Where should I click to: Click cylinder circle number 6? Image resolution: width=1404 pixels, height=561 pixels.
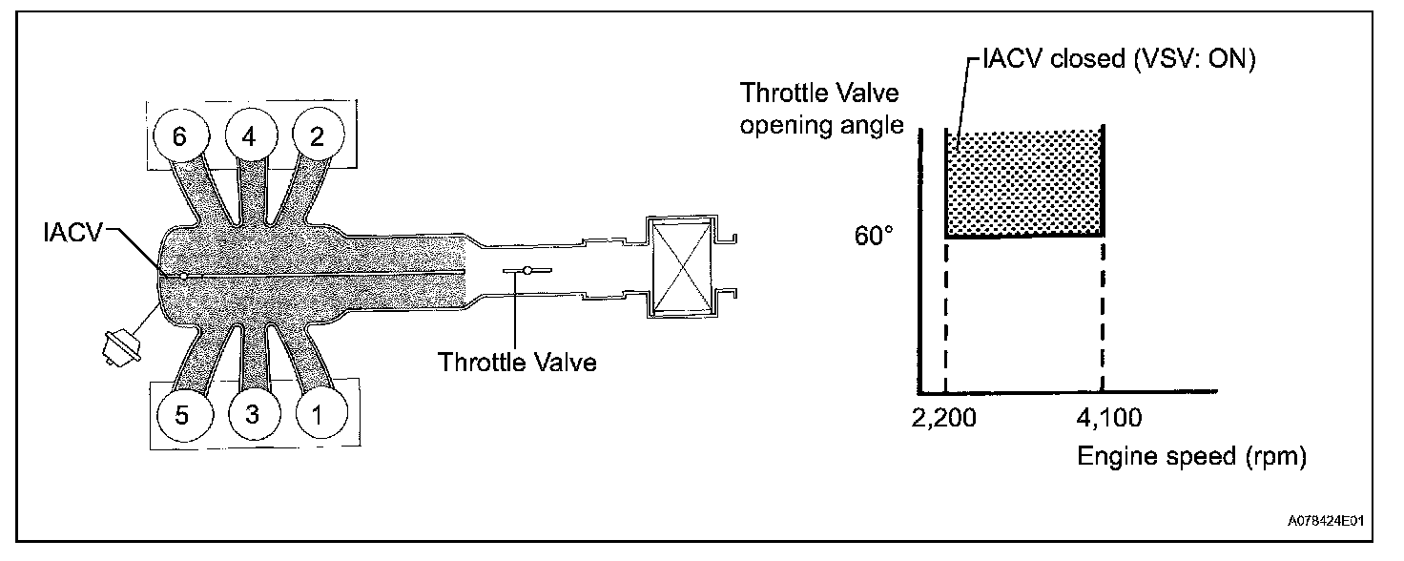click(x=179, y=137)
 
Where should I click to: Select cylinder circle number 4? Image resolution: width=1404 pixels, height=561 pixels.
click(x=249, y=137)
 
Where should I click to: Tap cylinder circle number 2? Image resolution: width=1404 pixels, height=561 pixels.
click(x=316, y=137)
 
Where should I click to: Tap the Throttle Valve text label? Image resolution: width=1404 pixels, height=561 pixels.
click(x=517, y=363)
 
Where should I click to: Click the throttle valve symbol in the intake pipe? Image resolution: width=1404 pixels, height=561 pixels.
click(x=525, y=272)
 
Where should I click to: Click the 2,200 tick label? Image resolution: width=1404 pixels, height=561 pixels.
click(x=944, y=417)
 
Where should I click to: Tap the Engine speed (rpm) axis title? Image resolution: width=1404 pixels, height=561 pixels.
click(x=1190, y=456)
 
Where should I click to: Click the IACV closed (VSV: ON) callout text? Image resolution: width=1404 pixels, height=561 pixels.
click(x=1116, y=60)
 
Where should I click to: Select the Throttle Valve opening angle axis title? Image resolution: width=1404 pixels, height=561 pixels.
click(x=822, y=109)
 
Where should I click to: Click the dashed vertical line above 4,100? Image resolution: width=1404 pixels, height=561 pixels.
click(x=1103, y=315)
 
